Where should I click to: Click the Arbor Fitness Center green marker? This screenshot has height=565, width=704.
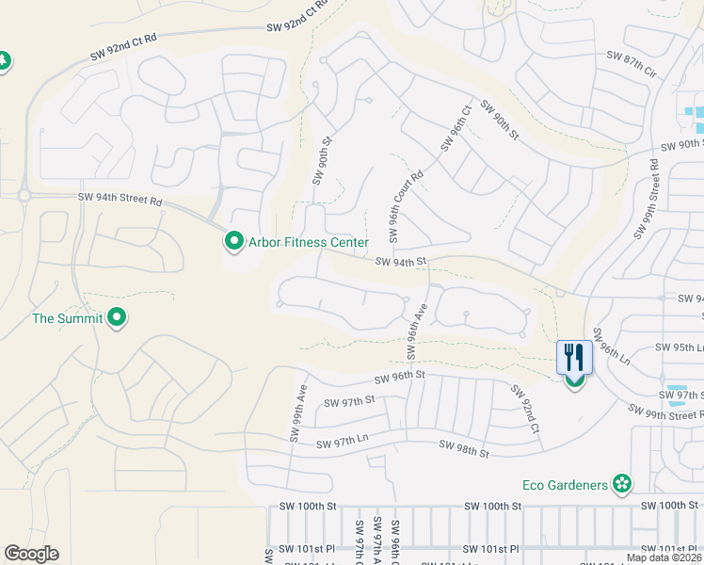coord(233,242)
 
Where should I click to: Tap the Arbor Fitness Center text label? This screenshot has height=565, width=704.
coord(308,243)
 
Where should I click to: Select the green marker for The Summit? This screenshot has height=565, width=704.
coord(117,318)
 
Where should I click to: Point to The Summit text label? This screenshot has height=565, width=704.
coord(67,318)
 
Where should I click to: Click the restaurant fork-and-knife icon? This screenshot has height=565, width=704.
coord(574,358)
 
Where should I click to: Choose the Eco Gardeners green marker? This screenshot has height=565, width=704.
coord(621,485)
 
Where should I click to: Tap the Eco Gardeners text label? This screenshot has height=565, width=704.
coord(565,486)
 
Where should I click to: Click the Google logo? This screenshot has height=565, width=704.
coord(31,554)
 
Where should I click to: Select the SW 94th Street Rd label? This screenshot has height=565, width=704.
coord(120,200)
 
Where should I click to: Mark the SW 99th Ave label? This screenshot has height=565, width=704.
coord(298,412)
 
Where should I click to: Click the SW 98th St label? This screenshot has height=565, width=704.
coord(463,448)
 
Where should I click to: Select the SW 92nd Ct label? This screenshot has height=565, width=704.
coord(524,409)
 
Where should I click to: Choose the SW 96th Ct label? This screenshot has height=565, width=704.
coord(455,128)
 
